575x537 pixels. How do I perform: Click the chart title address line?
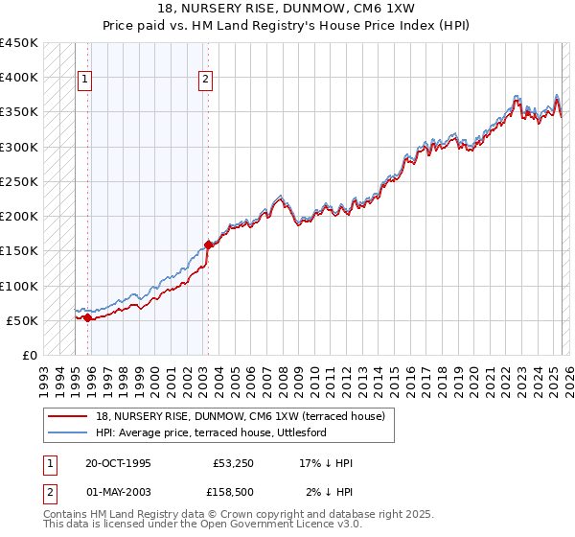[287, 8]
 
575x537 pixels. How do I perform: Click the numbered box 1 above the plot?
[85, 80]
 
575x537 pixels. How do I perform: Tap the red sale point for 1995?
[88, 317]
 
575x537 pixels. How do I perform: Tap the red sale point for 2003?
[208, 245]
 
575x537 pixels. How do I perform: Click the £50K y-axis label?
[22, 320]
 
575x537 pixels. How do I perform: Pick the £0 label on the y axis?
[30, 355]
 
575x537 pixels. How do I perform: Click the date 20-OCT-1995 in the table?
[118, 463]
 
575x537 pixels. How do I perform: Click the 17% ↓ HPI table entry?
[326, 463]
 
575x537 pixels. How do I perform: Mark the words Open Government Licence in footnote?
[283, 525]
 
